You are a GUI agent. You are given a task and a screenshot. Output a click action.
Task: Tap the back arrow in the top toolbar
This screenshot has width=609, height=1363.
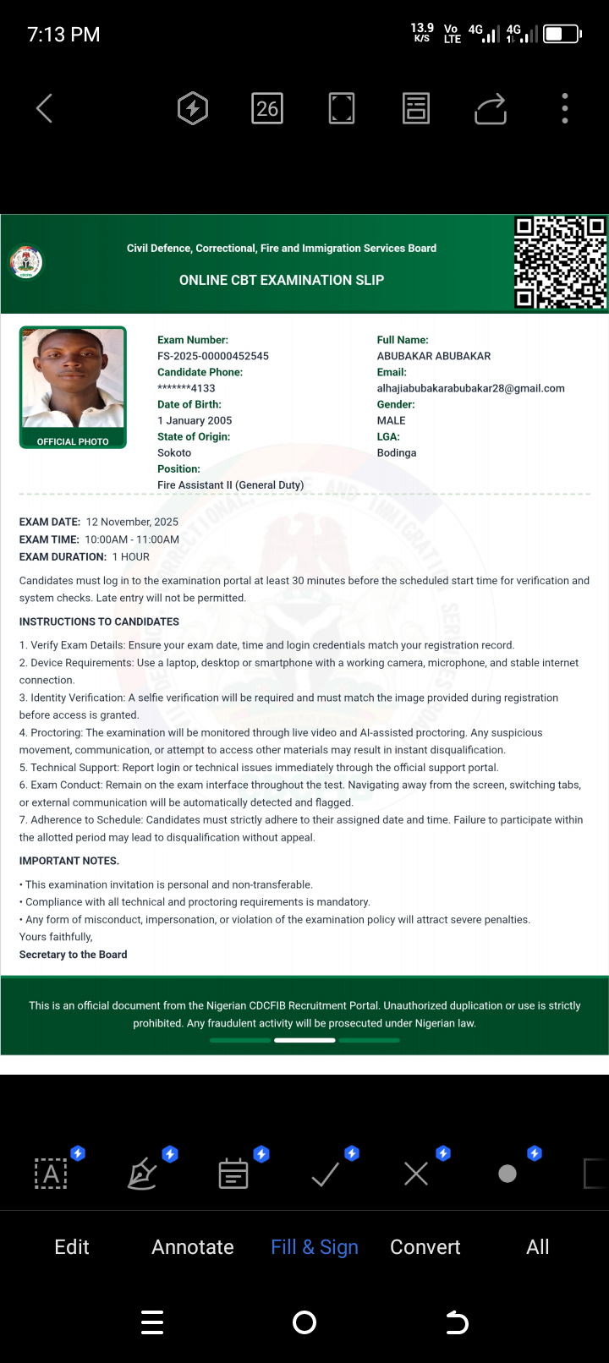(45, 108)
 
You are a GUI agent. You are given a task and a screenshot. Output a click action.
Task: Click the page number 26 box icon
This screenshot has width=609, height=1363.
(267, 108)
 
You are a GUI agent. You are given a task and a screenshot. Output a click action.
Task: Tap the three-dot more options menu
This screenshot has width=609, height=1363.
(565, 108)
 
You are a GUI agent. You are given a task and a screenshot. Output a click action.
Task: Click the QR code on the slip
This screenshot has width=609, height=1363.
(560, 262)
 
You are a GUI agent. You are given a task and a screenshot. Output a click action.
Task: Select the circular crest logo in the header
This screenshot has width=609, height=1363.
(26, 262)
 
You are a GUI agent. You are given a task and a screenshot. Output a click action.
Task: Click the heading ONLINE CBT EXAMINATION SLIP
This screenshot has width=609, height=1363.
(282, 280)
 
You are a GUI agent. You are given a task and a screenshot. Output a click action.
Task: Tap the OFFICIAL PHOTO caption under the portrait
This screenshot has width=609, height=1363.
(73, 441)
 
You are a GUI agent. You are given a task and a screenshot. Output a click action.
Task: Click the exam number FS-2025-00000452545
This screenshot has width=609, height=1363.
(213, 356)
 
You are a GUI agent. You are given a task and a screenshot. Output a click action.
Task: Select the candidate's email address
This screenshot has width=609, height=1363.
(470, 388)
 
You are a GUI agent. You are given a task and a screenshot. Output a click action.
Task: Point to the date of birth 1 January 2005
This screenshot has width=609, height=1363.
(195, 420)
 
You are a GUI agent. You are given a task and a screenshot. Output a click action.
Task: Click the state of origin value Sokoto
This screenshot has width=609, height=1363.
(174, 452)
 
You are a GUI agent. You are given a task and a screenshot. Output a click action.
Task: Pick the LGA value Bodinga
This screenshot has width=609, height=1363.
(397, 452)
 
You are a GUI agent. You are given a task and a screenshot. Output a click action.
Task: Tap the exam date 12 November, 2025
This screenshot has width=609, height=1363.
(132, 522)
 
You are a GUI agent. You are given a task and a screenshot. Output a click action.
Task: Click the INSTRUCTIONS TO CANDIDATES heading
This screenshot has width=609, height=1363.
(99, 621)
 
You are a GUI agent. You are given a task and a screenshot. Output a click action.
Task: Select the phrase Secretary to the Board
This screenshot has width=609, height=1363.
(74, 955)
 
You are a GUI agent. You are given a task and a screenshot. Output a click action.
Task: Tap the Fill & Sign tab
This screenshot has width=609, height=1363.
(315, 1247)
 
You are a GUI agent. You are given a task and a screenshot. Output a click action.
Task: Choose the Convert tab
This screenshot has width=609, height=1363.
(425, 1247)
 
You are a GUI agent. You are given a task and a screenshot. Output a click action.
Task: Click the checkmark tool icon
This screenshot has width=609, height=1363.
(326, 1174)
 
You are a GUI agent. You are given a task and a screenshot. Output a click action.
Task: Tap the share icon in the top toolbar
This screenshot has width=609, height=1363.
(491, 108)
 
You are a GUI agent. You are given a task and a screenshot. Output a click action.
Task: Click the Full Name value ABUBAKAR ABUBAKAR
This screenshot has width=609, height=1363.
(434, 356)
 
